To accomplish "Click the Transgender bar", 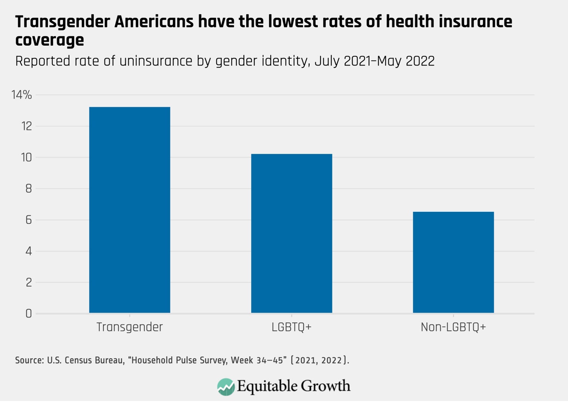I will (x=129, y=210).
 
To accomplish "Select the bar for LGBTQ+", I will (x=292, y=233).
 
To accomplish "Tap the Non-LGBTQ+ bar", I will (x=453, y=262).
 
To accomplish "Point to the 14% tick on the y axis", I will (x=21, y=95).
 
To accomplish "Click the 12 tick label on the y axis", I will (x=26, y=126).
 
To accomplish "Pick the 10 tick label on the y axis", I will (x=26, y=158).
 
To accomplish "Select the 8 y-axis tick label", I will (x=28, y=189).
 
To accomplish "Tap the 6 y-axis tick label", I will (x=28, y=220).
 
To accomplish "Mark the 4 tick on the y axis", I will (x=28, y=251).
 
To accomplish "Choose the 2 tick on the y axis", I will (x=28, y=283).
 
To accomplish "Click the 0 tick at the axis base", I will (x=28, y=314).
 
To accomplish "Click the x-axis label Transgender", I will (x=129, y=327).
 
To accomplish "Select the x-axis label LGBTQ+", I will (x=292, y=327).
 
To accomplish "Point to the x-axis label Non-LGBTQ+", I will (x=453, y=327).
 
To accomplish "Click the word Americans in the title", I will (x=154, y=22).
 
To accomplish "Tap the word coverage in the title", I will (x=49, y=40).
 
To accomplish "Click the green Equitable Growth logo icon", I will (x=226, y=387).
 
